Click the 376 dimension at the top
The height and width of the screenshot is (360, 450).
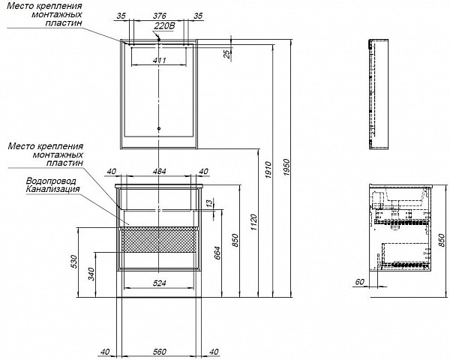click(159, 16)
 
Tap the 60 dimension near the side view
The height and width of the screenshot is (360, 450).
click(360, 283)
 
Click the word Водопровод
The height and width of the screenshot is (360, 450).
click(49, 181)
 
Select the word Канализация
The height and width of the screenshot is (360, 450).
click(52, 190)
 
